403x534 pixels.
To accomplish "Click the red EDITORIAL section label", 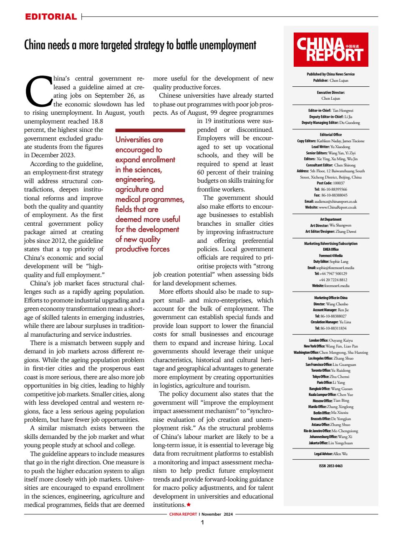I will click(51, 17).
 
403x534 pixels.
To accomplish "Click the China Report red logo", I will click(331, 50).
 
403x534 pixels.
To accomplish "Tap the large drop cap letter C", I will click(38, 91).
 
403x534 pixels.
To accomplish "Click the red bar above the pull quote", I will click(150, 131).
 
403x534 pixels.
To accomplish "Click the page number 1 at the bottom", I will click(202, 522).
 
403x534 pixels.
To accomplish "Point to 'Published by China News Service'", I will click(331, 74).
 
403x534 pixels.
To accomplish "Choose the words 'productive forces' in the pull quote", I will click(142, 249).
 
